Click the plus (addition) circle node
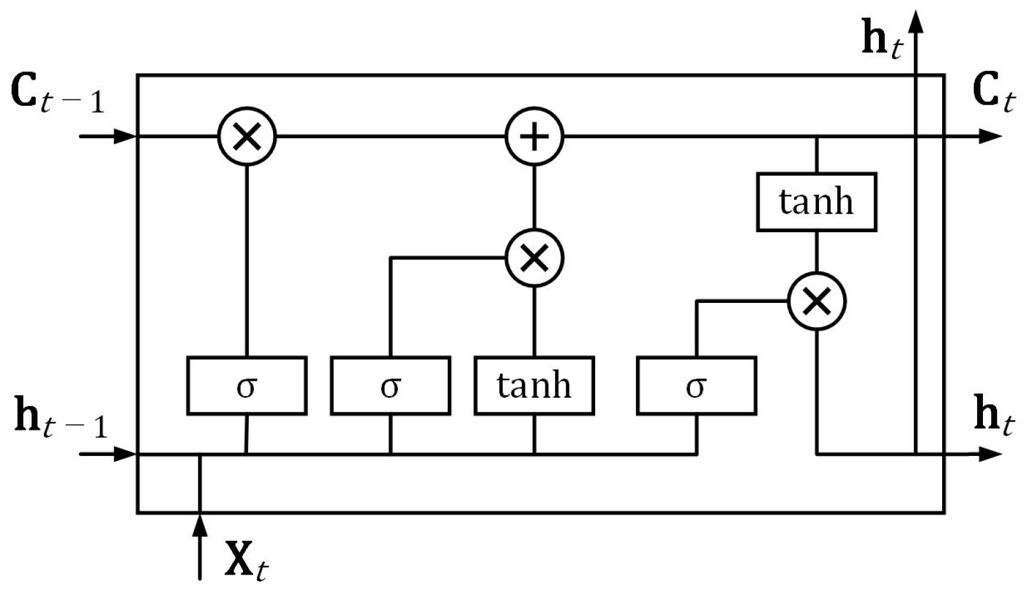click(x=535, y=136)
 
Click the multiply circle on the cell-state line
click(x=247, y=136)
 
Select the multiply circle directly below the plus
click(x=535, y=258)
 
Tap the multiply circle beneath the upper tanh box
click(x=817, y=301)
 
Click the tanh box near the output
click(x=816, y=201)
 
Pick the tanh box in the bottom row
click(x=534, y=386)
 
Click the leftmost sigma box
click(x=247, y=386)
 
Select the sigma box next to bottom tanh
click(x=390, y=386)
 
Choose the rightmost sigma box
click(x=697, y=386)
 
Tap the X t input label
click(x=246, y=561)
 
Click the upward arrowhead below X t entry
click(x=200, y=525)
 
